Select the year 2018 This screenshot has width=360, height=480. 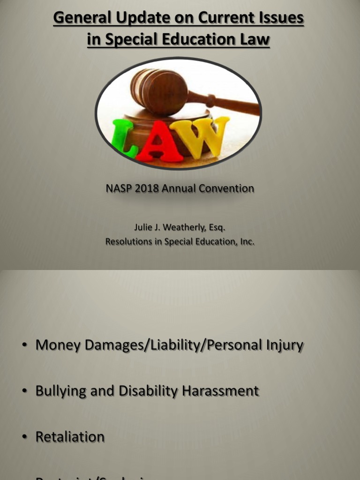[146, 188]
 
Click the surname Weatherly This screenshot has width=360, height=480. [183, 228]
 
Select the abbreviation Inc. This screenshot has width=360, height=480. [247, 242]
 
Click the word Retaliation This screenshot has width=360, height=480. [70, 437]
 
